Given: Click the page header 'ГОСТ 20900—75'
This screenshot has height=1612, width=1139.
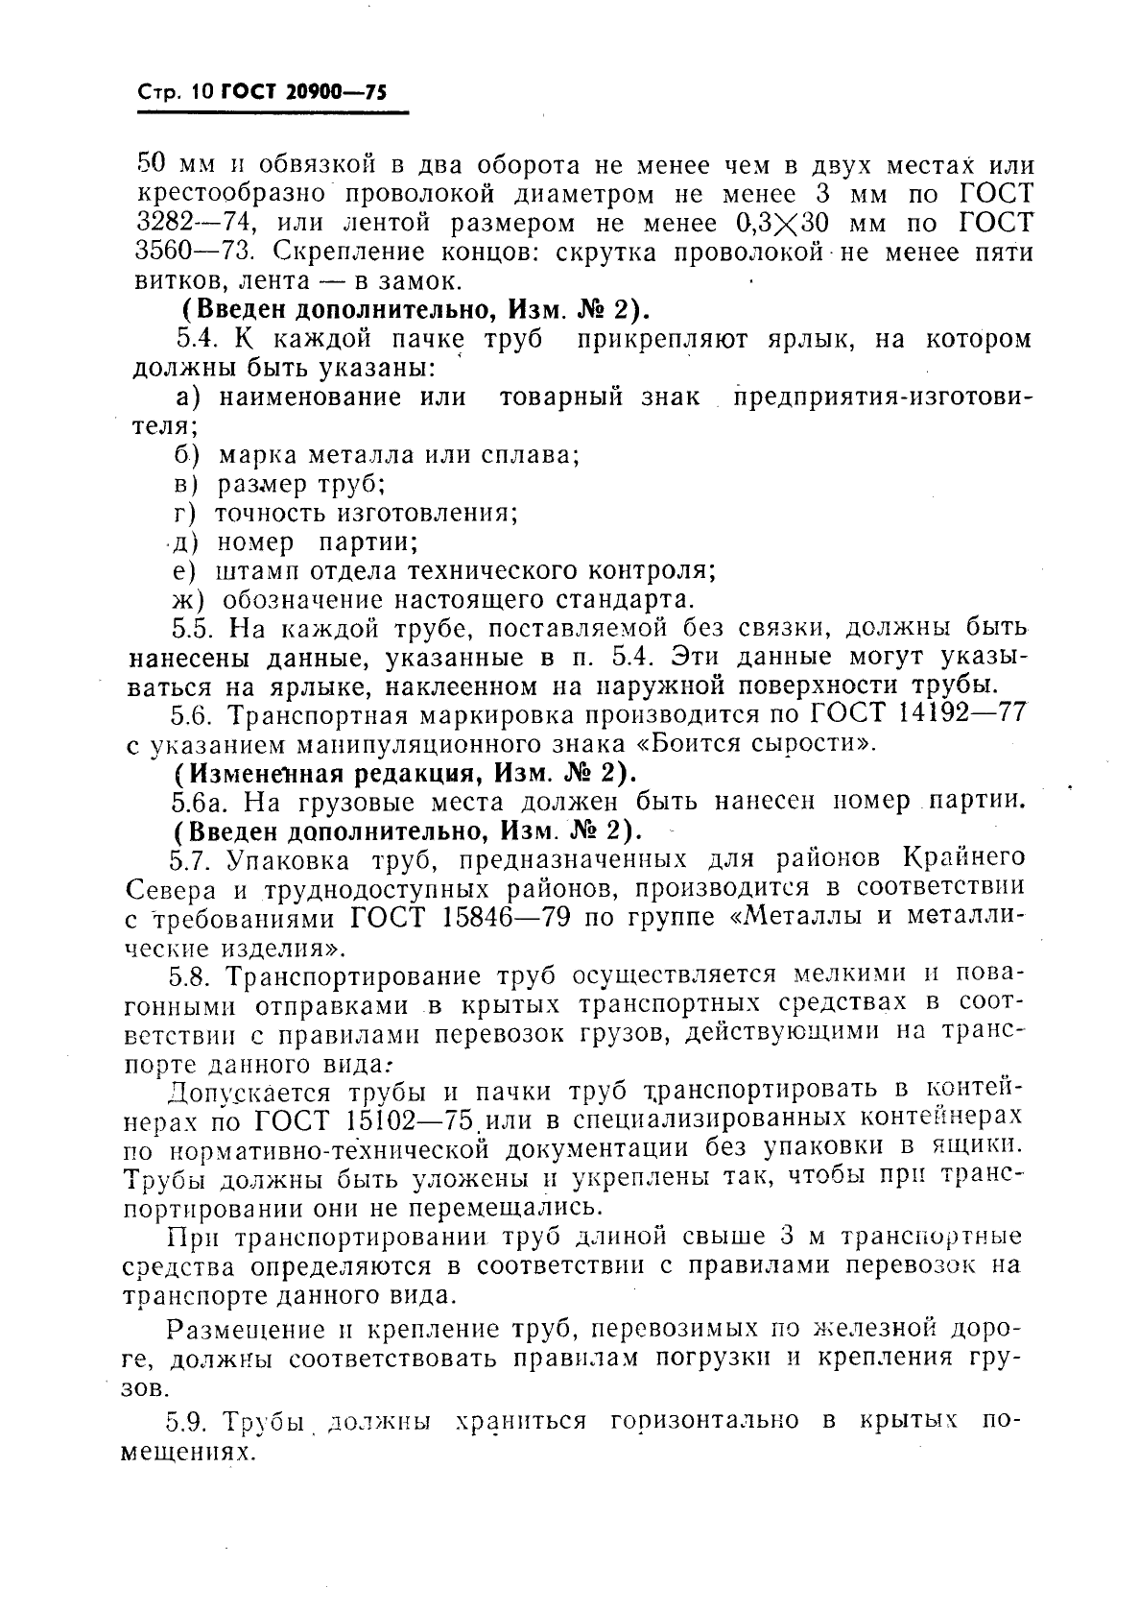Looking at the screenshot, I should click(x=303, y=92).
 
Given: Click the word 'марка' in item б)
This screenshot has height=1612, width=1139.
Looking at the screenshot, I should click(x=253, y=454).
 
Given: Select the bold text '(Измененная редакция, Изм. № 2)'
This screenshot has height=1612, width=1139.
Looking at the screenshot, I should click(x=400, y=772).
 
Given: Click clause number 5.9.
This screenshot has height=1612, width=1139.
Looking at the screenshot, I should click(x=189, y=1419).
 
